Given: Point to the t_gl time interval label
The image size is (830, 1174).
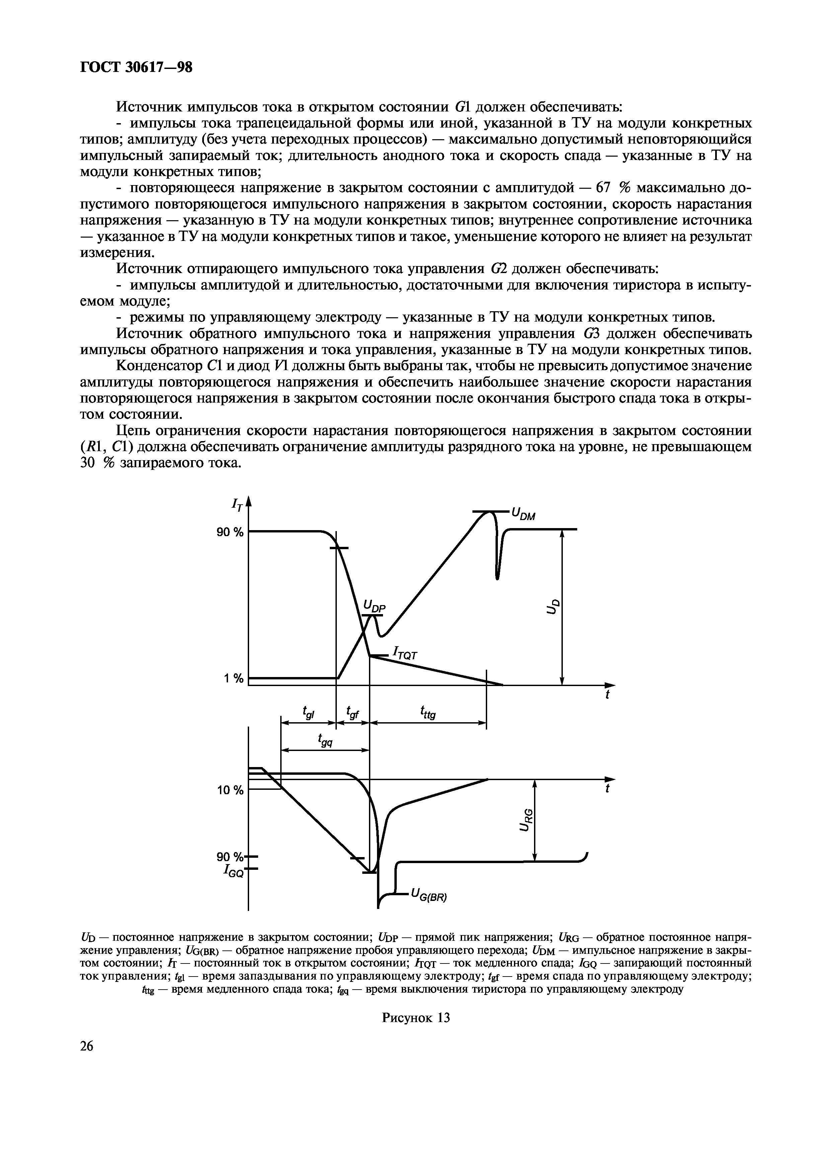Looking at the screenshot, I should point(308,711).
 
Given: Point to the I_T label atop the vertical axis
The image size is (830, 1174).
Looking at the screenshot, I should point(236,505).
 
